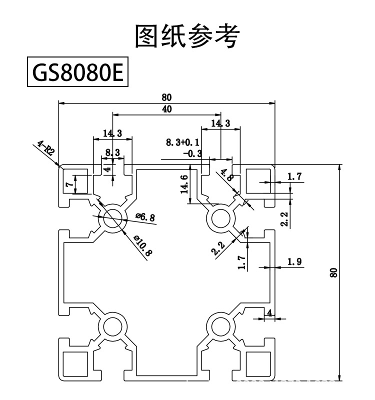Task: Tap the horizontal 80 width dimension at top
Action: (x=167, y=97)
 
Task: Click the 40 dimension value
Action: (x=167, y=109)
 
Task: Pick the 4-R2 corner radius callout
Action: (x=45, y=149)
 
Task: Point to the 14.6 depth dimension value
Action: (x=184, y=184)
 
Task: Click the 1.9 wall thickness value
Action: (x=294, y=261)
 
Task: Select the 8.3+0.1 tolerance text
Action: (x=182, y=142)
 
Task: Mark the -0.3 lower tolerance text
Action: (x=191, y=153)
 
